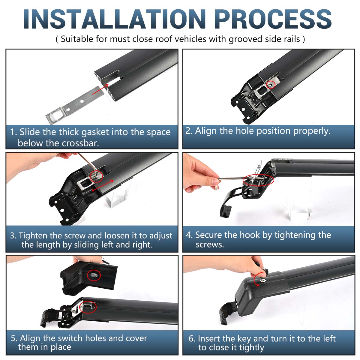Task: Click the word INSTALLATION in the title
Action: coord(115,19)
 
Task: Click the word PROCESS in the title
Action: coord(273,19)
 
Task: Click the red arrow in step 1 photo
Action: coord(100,89)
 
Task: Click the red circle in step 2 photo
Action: coord(271,85)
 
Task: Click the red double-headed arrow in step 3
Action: coord(103,185)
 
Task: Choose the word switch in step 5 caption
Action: coord(70,338)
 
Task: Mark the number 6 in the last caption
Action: coord(191,339)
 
